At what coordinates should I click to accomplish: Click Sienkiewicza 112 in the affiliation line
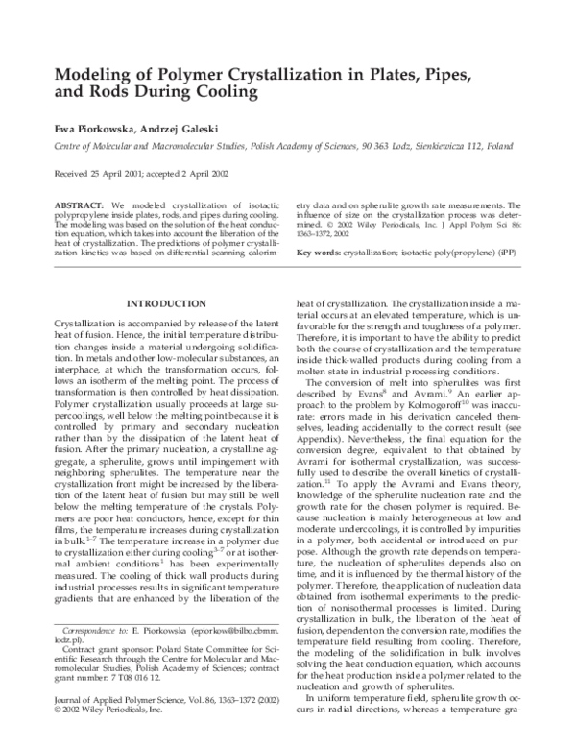[x=442, y=149]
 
